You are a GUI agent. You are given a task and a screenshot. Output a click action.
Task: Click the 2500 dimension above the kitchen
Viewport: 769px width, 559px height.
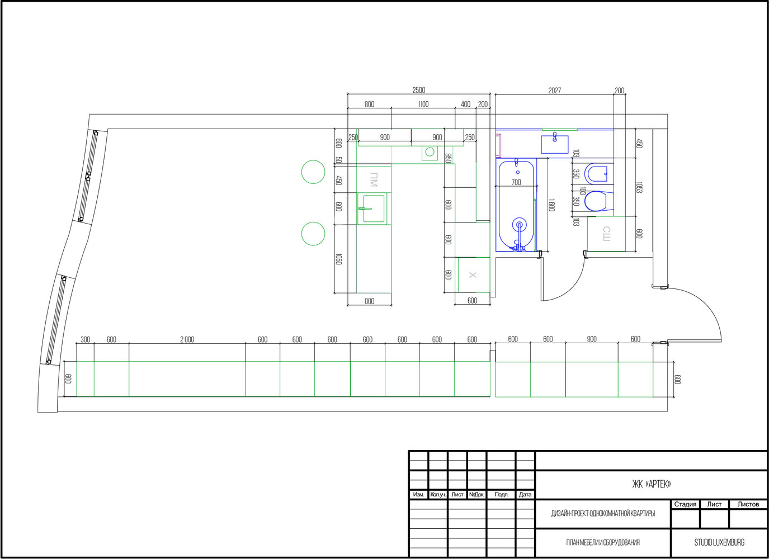[x=418, y=90]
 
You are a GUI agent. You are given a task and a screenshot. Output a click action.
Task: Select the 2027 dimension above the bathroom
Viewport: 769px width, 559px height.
[x=554, y=91]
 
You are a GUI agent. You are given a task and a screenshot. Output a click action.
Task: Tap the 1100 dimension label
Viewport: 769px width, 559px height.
[x=423, y=105]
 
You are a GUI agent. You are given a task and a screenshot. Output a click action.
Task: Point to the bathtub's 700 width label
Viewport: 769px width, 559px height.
[x=516, y=182]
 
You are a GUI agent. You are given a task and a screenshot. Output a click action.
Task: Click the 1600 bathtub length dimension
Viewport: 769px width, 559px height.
[x=551, y=205]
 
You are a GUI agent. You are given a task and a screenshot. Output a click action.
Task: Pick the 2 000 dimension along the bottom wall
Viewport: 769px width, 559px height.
[x=187, y=340]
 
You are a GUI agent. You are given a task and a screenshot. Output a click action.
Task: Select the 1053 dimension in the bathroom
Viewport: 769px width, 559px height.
[x=639, y=187]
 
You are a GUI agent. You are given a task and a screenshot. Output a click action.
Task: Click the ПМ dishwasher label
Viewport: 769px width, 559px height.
[x=374, y=180]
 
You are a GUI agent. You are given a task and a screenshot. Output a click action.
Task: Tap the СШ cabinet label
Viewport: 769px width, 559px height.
[x=607, y=234]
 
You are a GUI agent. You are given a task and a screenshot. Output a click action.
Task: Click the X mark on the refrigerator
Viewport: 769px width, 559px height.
[x=473, y=275]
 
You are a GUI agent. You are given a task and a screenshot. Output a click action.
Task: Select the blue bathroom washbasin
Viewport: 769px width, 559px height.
[x=554, y=144]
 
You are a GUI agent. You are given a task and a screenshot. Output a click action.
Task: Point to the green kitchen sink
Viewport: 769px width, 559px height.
[x=372, y=209]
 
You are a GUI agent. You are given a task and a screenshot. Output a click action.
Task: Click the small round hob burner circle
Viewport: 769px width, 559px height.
[x=430, y=151]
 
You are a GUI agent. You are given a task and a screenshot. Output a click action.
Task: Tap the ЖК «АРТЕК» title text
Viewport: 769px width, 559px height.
[x=651, y=484]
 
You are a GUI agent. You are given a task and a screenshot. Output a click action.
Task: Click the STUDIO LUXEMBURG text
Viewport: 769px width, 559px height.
[x=719, y=543]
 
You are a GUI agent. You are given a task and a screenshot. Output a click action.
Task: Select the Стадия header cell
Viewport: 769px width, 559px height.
[x=685, y=504]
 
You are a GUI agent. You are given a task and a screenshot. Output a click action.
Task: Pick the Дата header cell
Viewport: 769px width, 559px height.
[x=525, y=495]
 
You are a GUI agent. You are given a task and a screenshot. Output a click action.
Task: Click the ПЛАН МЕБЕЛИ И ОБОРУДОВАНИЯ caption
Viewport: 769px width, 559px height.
[x=603, y=543]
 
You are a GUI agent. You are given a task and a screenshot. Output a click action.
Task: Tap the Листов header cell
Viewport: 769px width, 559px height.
[x=748, y=504]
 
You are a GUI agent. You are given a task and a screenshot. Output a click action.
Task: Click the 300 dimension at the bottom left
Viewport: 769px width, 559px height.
[x=85, y=340]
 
